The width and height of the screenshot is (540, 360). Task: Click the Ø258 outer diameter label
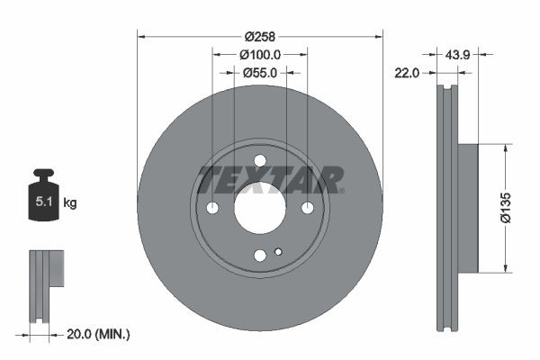pos(260,36)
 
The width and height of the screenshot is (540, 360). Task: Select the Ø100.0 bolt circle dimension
pos(260,54)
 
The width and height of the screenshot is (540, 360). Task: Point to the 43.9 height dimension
pos(458,54)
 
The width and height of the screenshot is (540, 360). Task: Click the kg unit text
pos(70,203)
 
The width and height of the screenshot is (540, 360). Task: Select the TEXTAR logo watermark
pos(270,179)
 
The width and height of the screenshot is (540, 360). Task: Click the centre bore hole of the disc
pos(260,208)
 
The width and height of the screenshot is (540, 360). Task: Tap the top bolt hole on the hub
pos(260,161)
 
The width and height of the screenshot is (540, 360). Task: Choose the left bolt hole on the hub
pos(213,208)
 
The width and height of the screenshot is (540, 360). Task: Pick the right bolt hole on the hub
pos(307,208)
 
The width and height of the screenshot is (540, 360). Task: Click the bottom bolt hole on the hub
pos(260,255)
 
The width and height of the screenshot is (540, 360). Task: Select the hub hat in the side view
pos(467,207)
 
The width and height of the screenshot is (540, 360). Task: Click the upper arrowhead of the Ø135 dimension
pos(507,148)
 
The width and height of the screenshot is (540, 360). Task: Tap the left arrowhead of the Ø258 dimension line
pos(141,36)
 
